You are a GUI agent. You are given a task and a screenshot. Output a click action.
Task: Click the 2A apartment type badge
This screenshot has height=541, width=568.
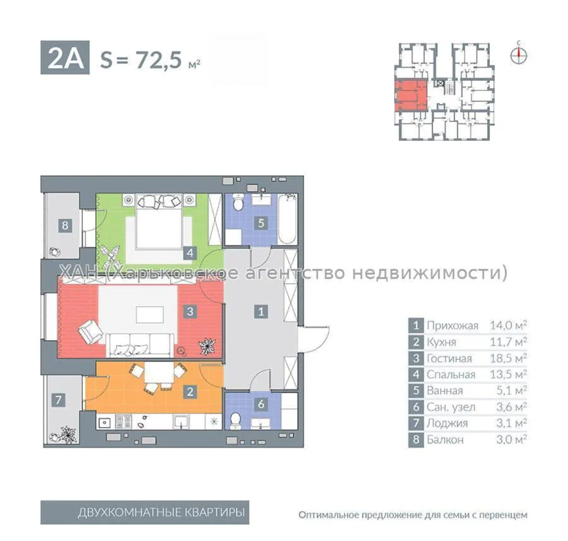tap(65, 58)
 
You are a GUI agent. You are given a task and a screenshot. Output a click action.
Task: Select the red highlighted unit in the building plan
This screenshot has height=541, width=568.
tap(411, 96)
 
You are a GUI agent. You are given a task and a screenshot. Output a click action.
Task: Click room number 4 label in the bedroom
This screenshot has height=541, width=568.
tap(190, 253)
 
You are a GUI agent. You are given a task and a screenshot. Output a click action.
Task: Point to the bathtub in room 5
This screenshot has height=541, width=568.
tap(287, 219)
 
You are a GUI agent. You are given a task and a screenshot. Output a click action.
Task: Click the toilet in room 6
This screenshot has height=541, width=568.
tap(236, 421)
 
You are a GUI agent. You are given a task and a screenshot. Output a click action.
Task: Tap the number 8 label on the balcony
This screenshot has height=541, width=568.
tap(65, 225)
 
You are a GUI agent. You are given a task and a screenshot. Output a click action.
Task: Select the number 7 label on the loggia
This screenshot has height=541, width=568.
tap(58, 400)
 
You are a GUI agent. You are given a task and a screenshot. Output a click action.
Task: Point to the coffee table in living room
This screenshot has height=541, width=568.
tap(150, 315)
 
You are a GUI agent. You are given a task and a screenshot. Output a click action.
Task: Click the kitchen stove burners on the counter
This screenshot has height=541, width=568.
tap(124, 422)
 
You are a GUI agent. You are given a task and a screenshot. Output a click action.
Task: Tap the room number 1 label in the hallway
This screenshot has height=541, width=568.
tap(261, 312)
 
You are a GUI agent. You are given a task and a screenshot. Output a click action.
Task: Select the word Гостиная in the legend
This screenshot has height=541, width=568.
tap(449, 359)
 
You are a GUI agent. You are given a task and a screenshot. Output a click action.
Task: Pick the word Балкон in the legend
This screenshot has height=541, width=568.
tap(445, 440)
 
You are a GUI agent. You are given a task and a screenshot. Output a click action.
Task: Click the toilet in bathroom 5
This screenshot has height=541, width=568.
tap(239, 202)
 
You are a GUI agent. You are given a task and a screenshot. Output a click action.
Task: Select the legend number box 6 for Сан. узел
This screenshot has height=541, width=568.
tap(416, 407)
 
